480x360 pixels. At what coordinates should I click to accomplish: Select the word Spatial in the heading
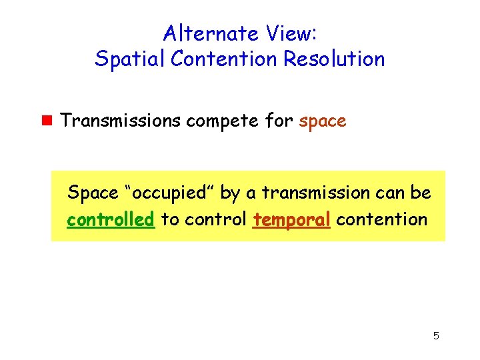[x=131, y=59]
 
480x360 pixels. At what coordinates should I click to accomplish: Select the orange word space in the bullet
[x=323, y=122]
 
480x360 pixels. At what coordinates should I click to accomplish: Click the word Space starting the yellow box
[x=93, y=193]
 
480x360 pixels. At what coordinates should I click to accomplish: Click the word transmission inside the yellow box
[x=315, y=193]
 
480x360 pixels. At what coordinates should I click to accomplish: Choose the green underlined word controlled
[x=111, y=219]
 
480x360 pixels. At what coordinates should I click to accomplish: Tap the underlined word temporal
[x=292, y=220]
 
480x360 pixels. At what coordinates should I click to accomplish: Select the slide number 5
[x=435, y=335]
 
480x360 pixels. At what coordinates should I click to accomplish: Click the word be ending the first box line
[x=421, y=193]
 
